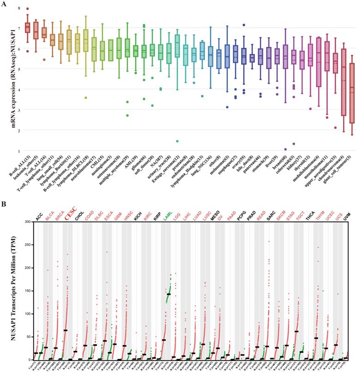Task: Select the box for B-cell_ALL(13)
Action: (x=27, y=28)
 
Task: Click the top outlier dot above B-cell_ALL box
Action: (x=27, y=9)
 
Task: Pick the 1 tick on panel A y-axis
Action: (x=19, y=151)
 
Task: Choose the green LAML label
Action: (x=168, y=215)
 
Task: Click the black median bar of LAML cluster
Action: (x=169, y=294)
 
